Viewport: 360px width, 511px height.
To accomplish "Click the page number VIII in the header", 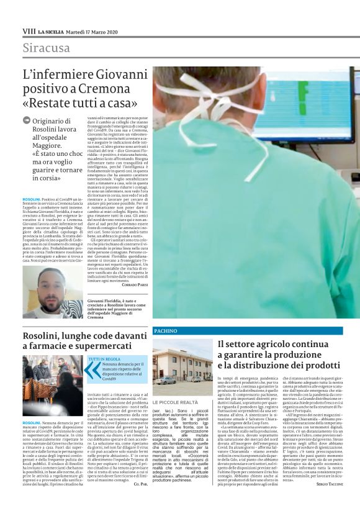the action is [29, 30].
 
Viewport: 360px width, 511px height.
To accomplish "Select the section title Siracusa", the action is [47, 48].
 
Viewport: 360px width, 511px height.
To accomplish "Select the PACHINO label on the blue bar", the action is [165, 331].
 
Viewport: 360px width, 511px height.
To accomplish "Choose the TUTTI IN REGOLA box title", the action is [105, 359].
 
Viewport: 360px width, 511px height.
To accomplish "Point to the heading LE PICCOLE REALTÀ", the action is [176, 402].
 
